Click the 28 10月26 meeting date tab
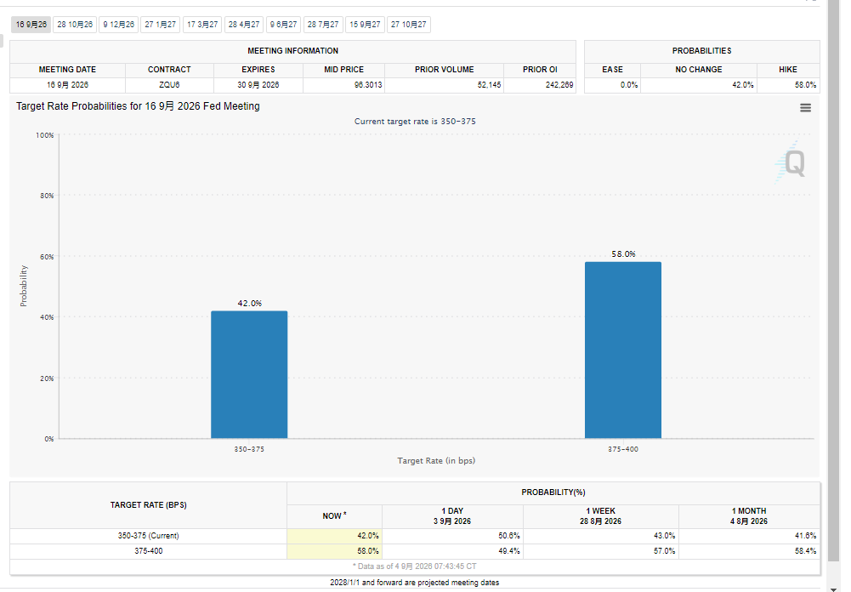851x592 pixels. point(75,25)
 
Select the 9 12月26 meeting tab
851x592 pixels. point(118,25)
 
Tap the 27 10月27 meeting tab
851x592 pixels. point(409,25)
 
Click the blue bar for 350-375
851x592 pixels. point(249,375)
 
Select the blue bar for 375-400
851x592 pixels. point(623,350)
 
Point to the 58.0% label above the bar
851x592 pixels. point(623,253)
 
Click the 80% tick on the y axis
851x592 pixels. point(47,196)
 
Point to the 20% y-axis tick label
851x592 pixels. point(47,379)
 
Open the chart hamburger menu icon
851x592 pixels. point(805,107)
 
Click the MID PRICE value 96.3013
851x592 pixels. point(368,85)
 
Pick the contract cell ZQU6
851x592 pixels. point(169,85)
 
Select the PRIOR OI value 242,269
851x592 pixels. point(559,85)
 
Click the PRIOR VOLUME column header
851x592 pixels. point(444,70)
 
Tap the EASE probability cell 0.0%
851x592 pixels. point(629,85)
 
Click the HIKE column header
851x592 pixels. point(788,70)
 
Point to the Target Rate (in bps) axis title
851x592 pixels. point(436,460)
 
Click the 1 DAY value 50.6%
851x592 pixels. point(509,536)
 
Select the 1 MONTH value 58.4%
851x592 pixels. point(805,551)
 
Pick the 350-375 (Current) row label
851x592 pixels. point(148,536)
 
